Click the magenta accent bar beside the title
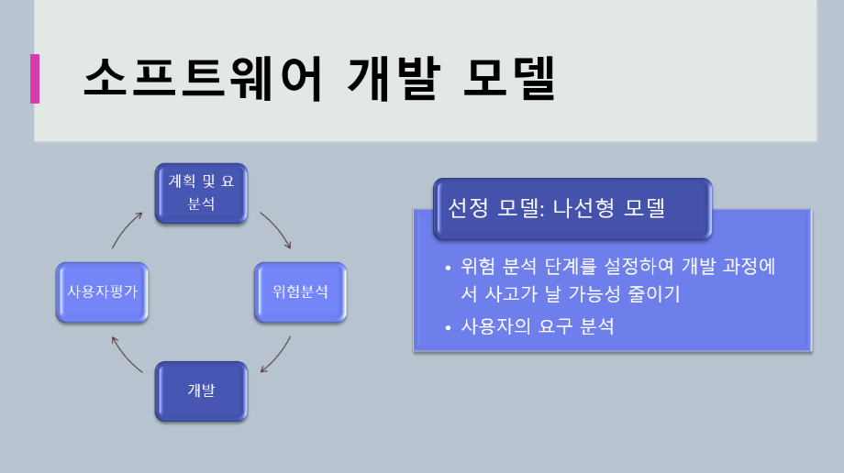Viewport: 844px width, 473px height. (35, 78)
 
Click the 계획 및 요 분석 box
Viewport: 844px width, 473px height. (201, 192)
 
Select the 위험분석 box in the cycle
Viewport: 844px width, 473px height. (300, 292)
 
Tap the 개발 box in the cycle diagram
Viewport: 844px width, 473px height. (201, 390)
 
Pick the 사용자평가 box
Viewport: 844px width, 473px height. (102, 292)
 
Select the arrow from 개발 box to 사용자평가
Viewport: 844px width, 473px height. (127, 355)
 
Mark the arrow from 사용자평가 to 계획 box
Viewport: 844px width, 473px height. (127, 230)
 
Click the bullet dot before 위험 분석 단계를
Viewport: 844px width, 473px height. (447, 269)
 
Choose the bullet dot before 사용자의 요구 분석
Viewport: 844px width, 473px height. (447, 327)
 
